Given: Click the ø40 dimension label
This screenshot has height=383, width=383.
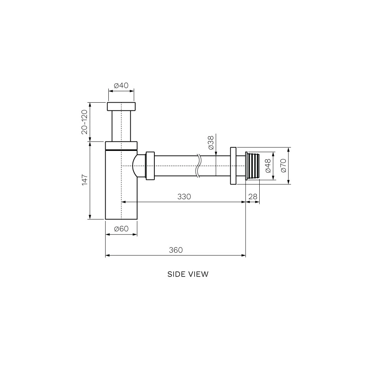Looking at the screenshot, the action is point(121,85).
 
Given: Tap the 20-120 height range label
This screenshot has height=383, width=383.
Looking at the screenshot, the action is point(85,122).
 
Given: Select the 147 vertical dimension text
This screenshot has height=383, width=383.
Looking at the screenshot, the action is point(85,180).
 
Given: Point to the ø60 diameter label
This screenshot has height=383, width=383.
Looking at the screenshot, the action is point(121,229).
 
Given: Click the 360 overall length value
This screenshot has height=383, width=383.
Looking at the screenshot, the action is point(176,250).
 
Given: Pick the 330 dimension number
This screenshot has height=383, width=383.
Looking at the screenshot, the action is point(184,196).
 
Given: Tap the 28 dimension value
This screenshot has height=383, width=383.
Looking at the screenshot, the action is point(253,196).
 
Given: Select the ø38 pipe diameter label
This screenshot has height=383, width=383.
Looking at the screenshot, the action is point(211,142).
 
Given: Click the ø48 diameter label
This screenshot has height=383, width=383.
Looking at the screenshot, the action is point(268,166).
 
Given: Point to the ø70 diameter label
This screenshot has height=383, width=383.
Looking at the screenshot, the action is point(283,166).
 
